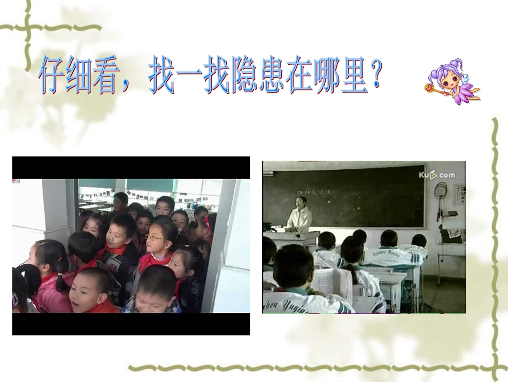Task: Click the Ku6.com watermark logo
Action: click(436, 175)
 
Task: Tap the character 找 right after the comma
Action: click(161, 77)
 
